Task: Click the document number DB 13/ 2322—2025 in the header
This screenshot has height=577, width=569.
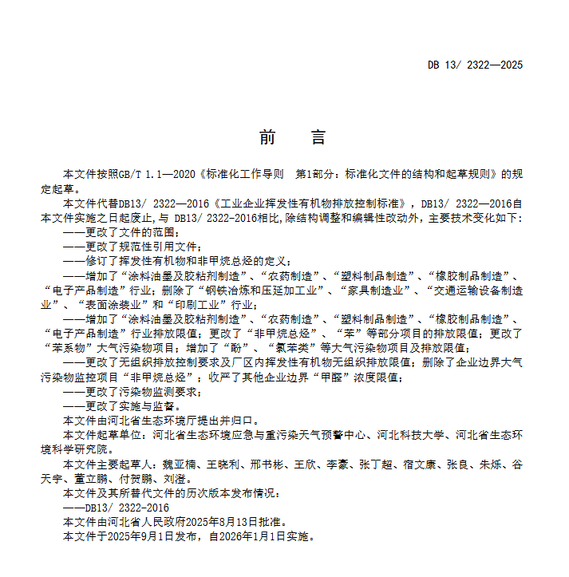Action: coord(475,65)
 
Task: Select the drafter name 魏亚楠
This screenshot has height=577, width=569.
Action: coord(180,463)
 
